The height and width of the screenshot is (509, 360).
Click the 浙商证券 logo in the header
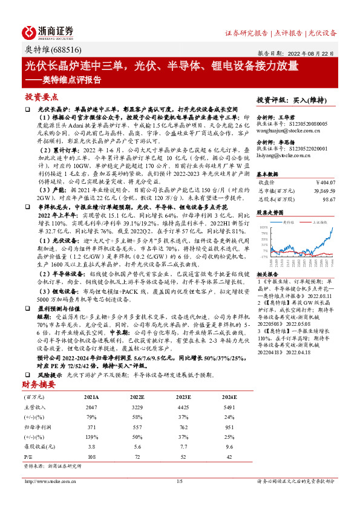(48, 31)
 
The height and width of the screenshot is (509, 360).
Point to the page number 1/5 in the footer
(179, 498)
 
